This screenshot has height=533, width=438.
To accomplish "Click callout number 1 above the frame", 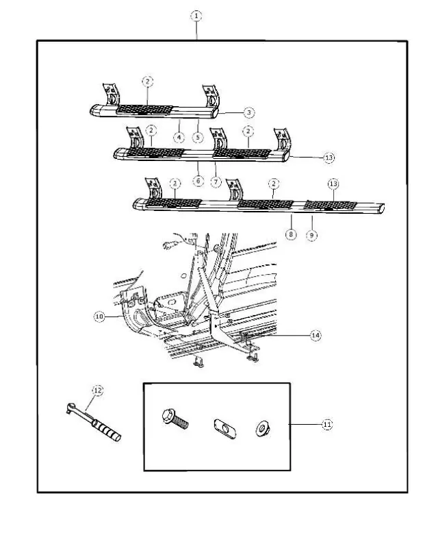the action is tap(196, 16).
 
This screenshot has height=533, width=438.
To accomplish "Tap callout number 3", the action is tap(249, 112).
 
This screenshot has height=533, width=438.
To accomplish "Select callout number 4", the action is tap(179, 137).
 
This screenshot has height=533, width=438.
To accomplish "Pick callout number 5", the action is tap(198, 137).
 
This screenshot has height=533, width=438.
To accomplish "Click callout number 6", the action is tap(198, 180).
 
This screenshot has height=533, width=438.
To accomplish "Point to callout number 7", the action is tap(216, 182).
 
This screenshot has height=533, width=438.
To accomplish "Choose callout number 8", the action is tap(291, 234).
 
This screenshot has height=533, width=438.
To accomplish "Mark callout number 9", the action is tap(311, 235).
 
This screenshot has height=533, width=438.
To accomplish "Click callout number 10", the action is tap(99, 317).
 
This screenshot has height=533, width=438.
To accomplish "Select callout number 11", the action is tap(327, 424).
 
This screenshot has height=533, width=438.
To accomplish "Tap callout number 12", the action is tap(97, 391).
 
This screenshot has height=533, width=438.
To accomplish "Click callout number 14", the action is tap(315, 336).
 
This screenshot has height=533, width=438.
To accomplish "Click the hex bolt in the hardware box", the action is tap(175, 420).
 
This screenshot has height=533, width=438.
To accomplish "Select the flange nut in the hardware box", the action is tap(263, 429).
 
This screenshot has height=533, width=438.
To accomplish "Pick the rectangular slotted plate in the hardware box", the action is tap(225, 429).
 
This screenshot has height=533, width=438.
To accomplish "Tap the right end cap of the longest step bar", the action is tap(381, 208).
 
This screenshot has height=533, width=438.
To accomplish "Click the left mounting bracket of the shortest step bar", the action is tap(112, 94).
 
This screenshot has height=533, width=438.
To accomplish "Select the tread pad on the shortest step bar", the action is tap(144, 110).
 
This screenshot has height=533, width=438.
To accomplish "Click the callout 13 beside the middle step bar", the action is tap(328, 158).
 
